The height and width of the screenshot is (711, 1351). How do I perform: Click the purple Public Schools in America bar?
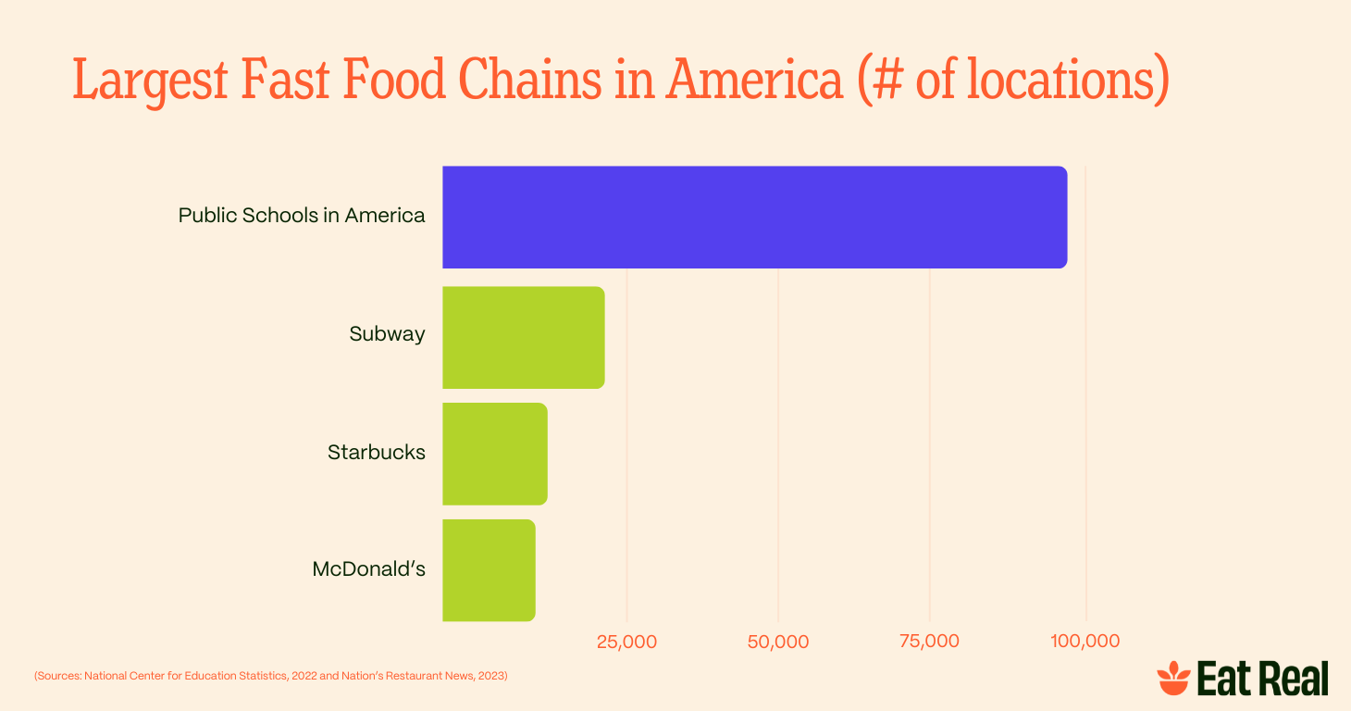[x=754, y=218]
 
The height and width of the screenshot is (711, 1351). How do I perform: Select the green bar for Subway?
[x=523, y=338]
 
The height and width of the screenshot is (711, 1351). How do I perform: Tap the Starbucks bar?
[x=494, y=454]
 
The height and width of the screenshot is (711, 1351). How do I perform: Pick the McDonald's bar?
[x=489, y=570]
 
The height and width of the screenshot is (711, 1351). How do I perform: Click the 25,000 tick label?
[x=626, y=642]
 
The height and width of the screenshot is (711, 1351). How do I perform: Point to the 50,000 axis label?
[x=778, y=642]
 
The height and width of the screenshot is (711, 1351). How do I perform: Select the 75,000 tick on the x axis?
[x=929, y=642]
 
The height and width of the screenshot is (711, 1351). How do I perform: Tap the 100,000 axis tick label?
[x=1085, y=642]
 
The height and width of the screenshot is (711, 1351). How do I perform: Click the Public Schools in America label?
[x=302, y=216]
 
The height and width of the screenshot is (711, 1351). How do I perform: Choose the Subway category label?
[x=387, y=334]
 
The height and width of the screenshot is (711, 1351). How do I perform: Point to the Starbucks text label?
[x=376, y=453]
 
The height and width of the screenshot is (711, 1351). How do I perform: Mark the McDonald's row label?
[x=368, y=568]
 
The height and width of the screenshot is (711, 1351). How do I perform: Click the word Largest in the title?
[x=150, y=81]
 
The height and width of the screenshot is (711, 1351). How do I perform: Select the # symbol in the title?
[x=886, y=81]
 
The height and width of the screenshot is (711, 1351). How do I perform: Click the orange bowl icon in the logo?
[x=1173, y=679]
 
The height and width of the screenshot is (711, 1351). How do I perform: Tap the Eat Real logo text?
[x=1262, y=679]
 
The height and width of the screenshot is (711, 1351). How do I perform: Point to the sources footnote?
[x=271, y=676]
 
